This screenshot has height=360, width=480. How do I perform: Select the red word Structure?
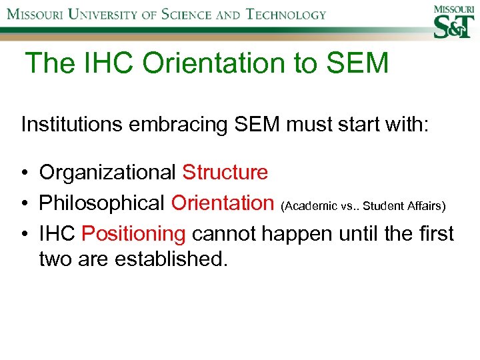[225, 173]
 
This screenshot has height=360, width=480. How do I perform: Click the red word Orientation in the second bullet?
[222, 203]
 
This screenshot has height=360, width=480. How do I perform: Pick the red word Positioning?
[133, 233]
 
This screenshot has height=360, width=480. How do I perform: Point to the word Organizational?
[108, 173]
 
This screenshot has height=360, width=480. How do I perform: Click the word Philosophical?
[103, 203]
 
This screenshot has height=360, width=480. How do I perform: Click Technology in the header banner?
[285, 14]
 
